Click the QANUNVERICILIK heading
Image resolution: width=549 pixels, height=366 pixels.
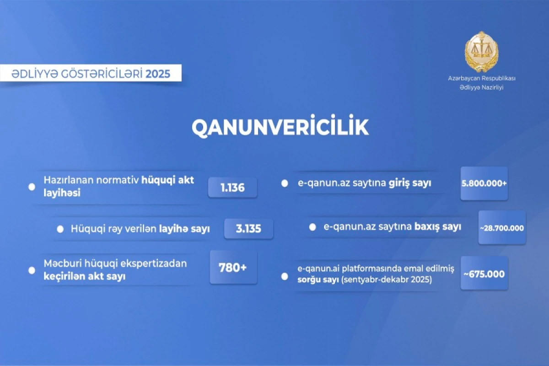(x=280, y=128)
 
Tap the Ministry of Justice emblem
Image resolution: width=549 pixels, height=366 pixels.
(x=481, y=51)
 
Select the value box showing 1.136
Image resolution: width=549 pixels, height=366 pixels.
(x=232, y=188)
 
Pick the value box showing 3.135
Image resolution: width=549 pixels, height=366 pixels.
(x=248, y=229)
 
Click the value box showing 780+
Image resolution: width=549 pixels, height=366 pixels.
(x=233, y=268)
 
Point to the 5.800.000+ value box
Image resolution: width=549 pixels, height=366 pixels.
(x=484, y=183)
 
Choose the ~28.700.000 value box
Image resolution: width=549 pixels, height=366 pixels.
(x=502, y=227)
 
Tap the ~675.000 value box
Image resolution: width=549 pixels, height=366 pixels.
(x=484, y=274)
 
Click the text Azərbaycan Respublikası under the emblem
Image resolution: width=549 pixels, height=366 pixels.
(x=481, y=79)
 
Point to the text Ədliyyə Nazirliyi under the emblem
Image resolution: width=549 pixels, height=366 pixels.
(x=481, y=87)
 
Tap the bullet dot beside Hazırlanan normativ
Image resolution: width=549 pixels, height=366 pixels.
(x=32, y=187)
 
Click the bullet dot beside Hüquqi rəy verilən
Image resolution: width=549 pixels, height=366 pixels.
(x=60, y=229)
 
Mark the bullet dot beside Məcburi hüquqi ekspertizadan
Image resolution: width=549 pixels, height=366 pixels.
(x=32, y=270)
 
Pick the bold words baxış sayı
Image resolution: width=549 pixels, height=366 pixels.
(x=437, y=226)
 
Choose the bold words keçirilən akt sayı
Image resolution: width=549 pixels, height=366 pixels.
(x=84, y=276)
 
